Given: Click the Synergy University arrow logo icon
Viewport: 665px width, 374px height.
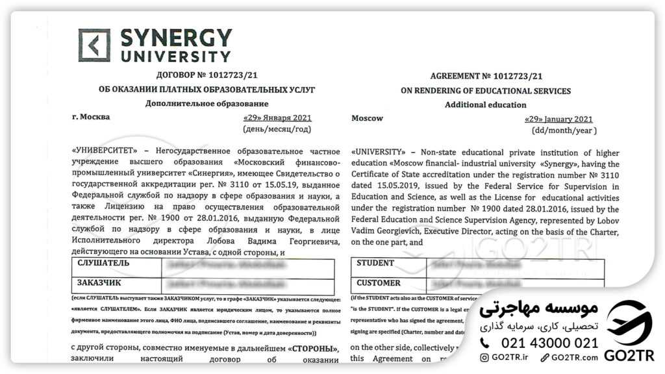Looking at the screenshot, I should (94, 45).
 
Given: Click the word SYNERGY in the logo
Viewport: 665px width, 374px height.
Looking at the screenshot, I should (175, 38).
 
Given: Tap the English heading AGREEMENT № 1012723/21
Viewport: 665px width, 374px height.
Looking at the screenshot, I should (486, 76).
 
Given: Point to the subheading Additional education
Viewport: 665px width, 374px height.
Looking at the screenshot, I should (485, 105).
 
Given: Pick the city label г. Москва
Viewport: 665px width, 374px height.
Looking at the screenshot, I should (92, 117).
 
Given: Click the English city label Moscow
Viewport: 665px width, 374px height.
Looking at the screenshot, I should (367, 118).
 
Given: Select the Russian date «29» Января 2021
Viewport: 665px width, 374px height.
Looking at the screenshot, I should (277, 118).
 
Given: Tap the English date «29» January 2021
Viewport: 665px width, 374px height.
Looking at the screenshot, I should (558, 119).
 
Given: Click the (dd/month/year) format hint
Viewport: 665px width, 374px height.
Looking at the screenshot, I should (563, 130).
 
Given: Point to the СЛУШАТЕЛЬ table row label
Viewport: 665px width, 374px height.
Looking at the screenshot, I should (103, 264).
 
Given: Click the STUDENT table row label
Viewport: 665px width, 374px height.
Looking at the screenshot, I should (375, 263).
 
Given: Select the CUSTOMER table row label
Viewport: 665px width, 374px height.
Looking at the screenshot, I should (379, 283).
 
